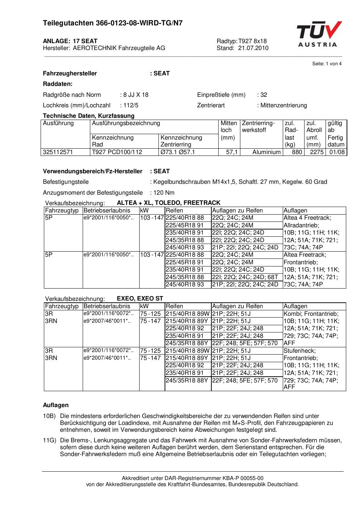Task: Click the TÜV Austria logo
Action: [x=319, y=34]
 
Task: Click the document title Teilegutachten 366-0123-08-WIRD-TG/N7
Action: [x=113, y=23]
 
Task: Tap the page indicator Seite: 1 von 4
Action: [x=327, y=64]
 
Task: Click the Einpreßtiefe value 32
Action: [x=264, y=95]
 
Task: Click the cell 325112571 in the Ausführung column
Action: [x=58, y=152]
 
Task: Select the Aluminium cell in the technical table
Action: [x=266, y=152]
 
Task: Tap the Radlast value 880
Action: [x=297, y=152]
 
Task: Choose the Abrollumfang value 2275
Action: [x=316, y=152]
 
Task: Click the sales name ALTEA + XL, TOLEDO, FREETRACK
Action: [x=169, y=203]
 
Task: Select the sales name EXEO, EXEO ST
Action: [x=140, y=299]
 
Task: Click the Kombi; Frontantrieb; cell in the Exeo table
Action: [x=311, y=314]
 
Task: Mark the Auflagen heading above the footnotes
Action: [x=56, y=405]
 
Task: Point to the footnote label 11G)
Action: [x=49, y=440]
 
